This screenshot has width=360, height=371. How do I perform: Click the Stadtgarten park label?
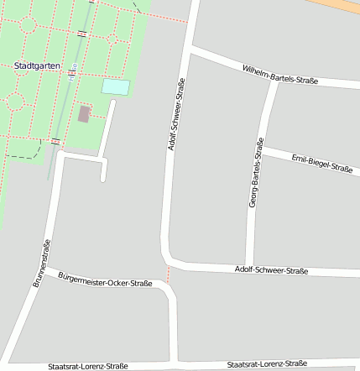[x=37, y=65]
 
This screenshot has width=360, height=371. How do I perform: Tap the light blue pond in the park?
[x=116, y=86]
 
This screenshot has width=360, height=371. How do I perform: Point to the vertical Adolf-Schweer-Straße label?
[x=176, y=115]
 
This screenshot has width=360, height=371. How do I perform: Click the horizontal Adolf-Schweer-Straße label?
[x=271, y=270]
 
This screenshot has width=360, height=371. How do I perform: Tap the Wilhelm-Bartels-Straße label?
[x=279, y=75]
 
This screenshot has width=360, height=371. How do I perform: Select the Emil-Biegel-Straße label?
[x=320, y=163]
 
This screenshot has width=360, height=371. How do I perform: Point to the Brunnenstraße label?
[x=42, y=263]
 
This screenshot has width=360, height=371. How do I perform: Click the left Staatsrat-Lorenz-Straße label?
[x=88, y=366]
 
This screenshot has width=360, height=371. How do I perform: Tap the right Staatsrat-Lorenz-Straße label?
[x=266, y=363]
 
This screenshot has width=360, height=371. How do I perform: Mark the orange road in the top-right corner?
[x=340, y=7]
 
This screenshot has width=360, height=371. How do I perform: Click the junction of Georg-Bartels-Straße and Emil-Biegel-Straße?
[x=260, y=149]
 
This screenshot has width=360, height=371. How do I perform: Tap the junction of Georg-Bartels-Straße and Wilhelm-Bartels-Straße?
[x=274, y=81]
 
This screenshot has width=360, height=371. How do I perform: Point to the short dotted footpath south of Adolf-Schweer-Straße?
[x=168, y=274]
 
